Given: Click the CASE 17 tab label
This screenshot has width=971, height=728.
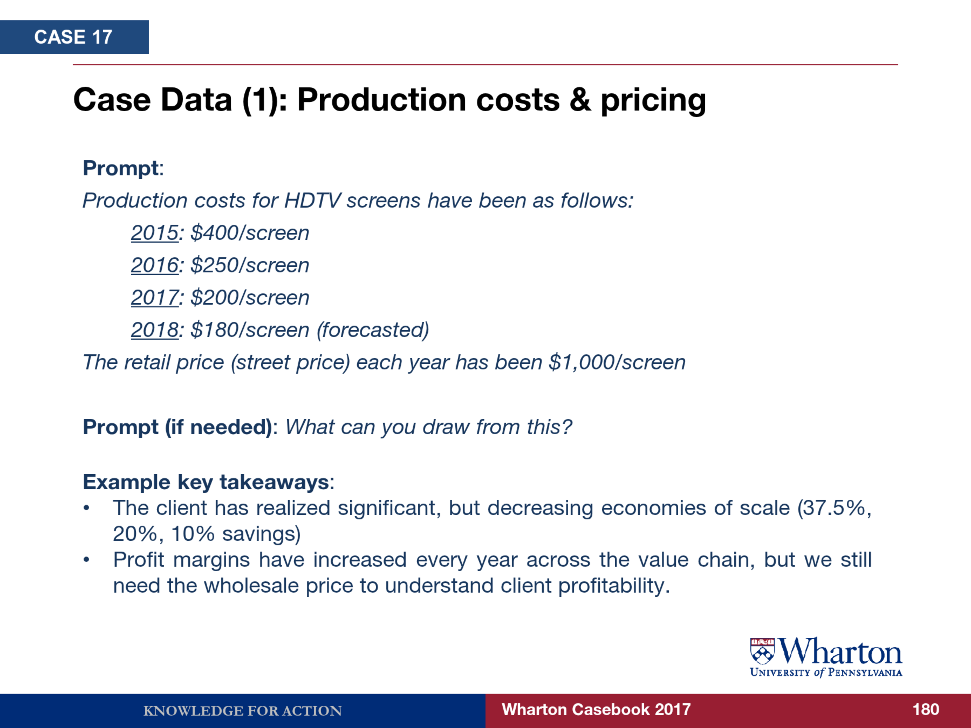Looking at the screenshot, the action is (73, 37).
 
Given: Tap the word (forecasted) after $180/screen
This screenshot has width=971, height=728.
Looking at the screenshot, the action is (373, 330).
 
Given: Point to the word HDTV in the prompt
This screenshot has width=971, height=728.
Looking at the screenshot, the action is (312, 201).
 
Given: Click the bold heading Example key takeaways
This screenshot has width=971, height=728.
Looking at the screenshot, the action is (206, 482).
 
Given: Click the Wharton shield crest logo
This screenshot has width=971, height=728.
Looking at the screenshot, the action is (763, 651).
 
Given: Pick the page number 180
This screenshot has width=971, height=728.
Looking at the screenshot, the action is (926, 710).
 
